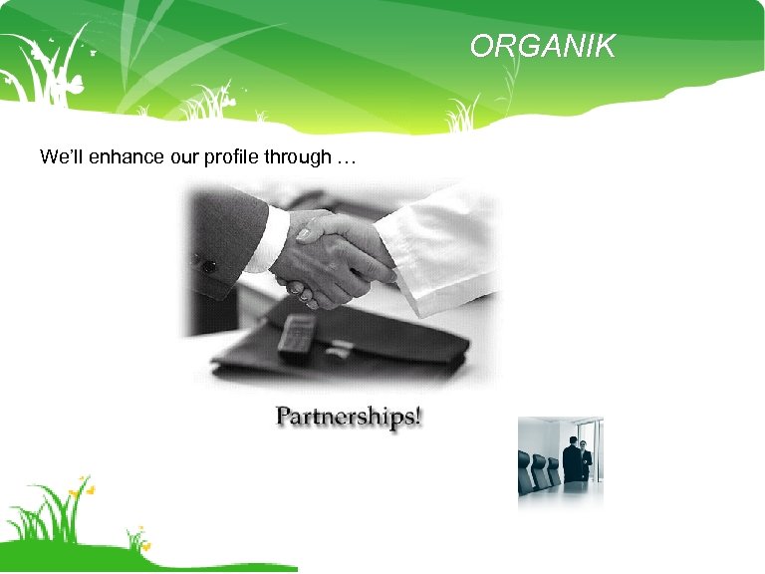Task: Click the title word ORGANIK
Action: pos(543,46)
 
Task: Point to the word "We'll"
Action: pos(58,157)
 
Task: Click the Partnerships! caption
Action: pos(349,416)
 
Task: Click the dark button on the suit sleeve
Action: pos(209,266)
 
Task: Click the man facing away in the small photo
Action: pos(571,460)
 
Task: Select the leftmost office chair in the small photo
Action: pos(525,474)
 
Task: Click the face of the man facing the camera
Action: pos(585,445)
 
